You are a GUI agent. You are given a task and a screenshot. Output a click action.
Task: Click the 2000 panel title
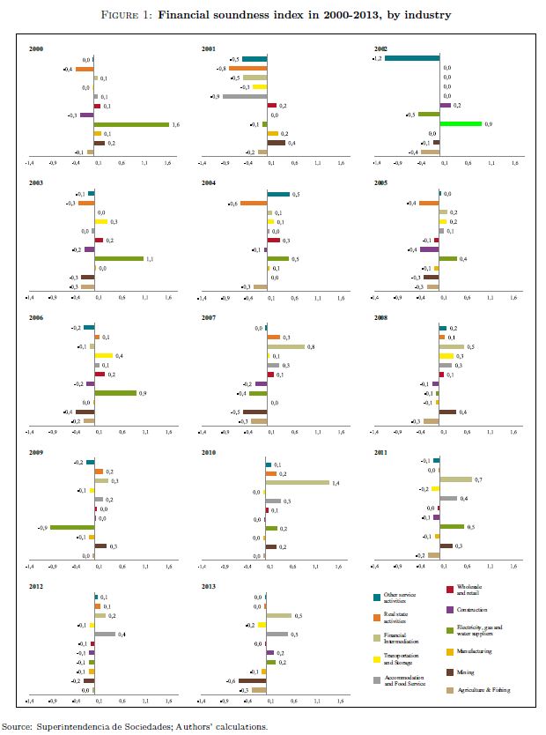[x=36, y=50]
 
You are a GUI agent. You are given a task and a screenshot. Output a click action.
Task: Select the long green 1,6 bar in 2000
[x=131, y=124]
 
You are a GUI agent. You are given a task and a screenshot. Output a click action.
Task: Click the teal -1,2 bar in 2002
[x=411, y=58]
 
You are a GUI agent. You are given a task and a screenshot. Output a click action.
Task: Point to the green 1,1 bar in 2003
[x=119, y=258]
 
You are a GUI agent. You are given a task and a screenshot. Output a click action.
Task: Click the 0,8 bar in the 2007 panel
[x=285, y=346]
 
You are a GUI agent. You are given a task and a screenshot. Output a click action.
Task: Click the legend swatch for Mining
[x=449, y=672]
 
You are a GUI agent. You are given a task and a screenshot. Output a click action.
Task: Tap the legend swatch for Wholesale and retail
[x=449, y=590]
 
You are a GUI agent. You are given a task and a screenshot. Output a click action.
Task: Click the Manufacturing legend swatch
[x=449, y=651]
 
